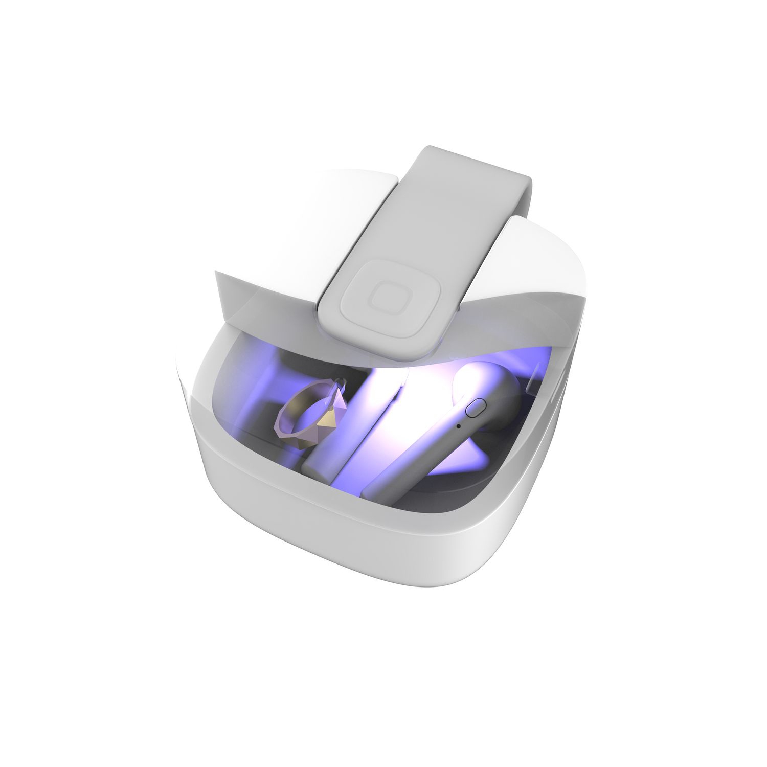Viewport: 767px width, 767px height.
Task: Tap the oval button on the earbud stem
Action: point(476,409)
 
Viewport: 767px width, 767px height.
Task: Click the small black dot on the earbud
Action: point(458,425)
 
